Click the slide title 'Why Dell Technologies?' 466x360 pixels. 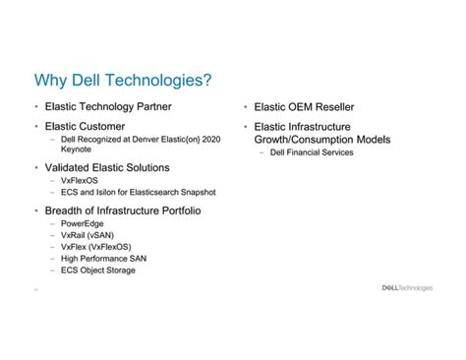(123, 79)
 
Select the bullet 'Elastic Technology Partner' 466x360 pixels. (110, 106)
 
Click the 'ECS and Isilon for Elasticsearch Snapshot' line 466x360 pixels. (138, 193)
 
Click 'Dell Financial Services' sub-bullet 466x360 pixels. (311, 153)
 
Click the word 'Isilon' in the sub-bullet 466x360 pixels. (108, 193)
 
